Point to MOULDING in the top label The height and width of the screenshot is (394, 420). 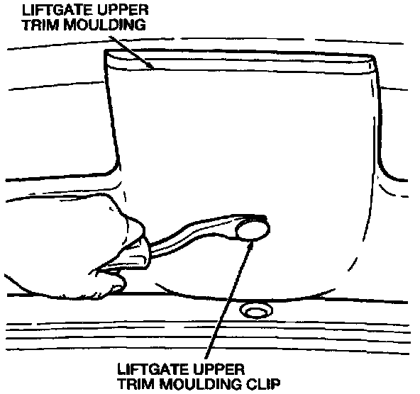(105, 25)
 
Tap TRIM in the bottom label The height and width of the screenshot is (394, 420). (136, 384)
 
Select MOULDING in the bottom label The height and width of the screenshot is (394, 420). (201, 384)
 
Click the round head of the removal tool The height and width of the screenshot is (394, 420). (253, 230)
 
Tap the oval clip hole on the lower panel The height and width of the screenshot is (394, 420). (256, 310)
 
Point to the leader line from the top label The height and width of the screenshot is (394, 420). (131, 52)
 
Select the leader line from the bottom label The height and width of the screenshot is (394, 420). (228, 300)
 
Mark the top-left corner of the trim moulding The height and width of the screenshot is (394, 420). (105, 50)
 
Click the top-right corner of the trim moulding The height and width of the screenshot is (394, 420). (374, 56)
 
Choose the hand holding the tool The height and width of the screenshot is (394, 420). (75, 246)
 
